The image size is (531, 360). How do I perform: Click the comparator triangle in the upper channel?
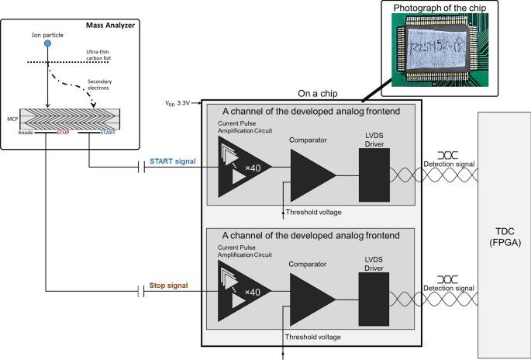(310, 171)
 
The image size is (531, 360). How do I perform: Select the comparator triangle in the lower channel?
(310, 297)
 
